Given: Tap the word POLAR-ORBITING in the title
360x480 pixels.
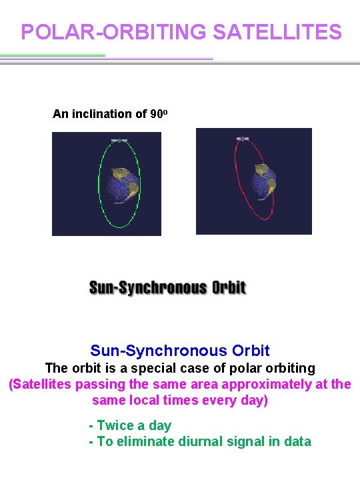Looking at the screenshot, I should coord(114,32).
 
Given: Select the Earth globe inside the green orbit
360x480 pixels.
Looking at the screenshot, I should coord(123,183).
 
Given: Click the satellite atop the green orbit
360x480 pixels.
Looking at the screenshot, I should coord(119,141).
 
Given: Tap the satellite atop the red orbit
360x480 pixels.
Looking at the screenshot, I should coord(243,139).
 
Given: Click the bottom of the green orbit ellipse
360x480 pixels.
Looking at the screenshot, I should coord(120,227).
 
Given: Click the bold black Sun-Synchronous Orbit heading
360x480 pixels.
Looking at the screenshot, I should coord(167,288).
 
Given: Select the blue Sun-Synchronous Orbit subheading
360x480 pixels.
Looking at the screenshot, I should coord(180,351).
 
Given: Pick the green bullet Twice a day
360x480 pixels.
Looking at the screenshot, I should coord(131,425).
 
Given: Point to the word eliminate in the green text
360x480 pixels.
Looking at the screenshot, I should coord(141,441).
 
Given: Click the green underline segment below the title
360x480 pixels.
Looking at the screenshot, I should coord(53,55).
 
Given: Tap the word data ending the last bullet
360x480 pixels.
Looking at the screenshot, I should coord(297,441).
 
